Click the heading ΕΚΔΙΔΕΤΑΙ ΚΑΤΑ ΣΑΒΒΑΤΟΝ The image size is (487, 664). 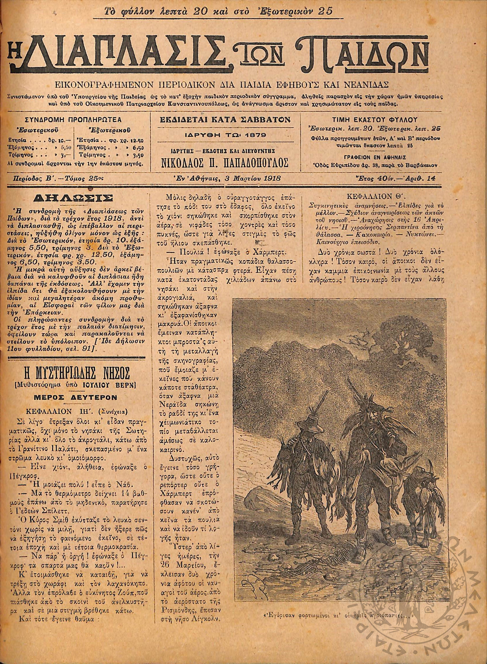pyautogui.click(x=225, y=119)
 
